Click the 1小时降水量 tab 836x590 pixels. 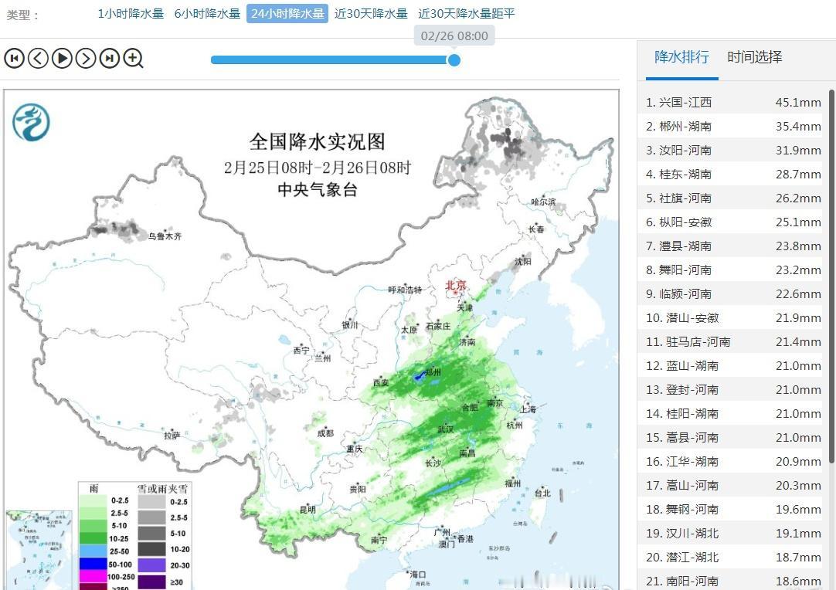click(131, 13)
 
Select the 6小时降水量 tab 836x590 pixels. click(207, 13)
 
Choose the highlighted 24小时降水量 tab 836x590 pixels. click(287, 13)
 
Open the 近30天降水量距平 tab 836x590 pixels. click(466, 13)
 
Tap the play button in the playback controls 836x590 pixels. click(62, 58)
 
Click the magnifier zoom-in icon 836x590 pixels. click(133, 58)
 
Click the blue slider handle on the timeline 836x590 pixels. click(454, 59)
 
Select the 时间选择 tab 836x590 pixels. click(755, 57)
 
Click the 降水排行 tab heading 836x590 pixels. click(681, 57)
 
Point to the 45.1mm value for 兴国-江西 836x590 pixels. click(798, 102)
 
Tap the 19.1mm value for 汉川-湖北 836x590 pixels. click(798, 533)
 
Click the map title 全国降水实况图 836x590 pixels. click(317, 141)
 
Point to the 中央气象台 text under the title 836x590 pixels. click(317, 190)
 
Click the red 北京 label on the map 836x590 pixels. click(456, 286)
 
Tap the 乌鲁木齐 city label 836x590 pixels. click(165, 236)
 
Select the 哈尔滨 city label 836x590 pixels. click(542, 202)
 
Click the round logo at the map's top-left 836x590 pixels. click(31, 123)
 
